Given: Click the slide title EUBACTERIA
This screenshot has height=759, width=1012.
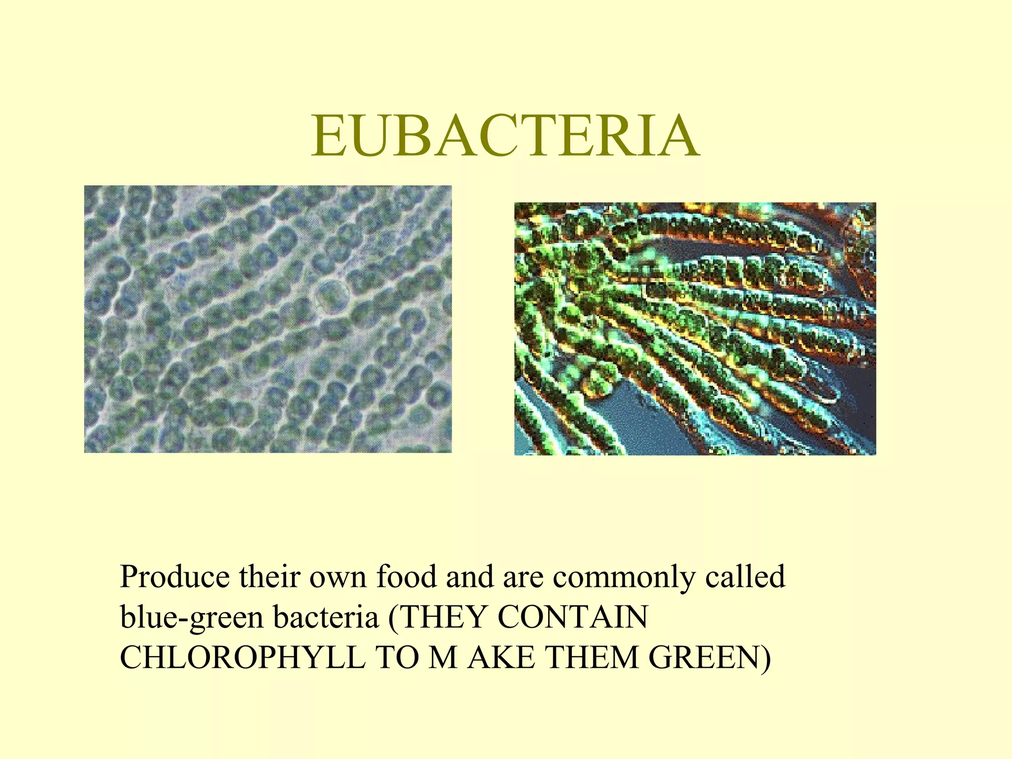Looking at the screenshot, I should pyautogui.click(x=505, y=136).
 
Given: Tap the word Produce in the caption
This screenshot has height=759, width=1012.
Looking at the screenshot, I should pyautogui.click(x=175, y=577).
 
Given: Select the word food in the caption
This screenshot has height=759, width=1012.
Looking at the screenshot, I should pyautogui.click(x=407, y=577).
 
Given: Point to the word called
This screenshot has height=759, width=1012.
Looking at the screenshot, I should pyautogui.click(x=745, y=577).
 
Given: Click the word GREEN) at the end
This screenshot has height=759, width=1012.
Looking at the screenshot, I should pyautogui.click(x=710, y=659).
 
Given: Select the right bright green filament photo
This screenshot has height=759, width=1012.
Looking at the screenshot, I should pyautogui.click(x=695, y=329).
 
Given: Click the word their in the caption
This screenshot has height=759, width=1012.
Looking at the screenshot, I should pyautogui.click(x=270, y=577).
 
